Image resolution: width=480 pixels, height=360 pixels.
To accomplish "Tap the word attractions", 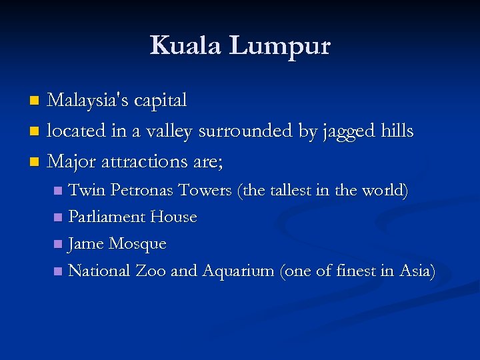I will tap(143, 161).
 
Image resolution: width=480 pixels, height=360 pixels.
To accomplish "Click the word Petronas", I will tap(141, 190).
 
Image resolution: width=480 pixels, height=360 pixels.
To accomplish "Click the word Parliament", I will tap(107, 217).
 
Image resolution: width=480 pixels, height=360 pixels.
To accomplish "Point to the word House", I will tap(173, 217).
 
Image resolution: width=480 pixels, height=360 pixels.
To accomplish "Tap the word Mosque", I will tap(137, 244).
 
